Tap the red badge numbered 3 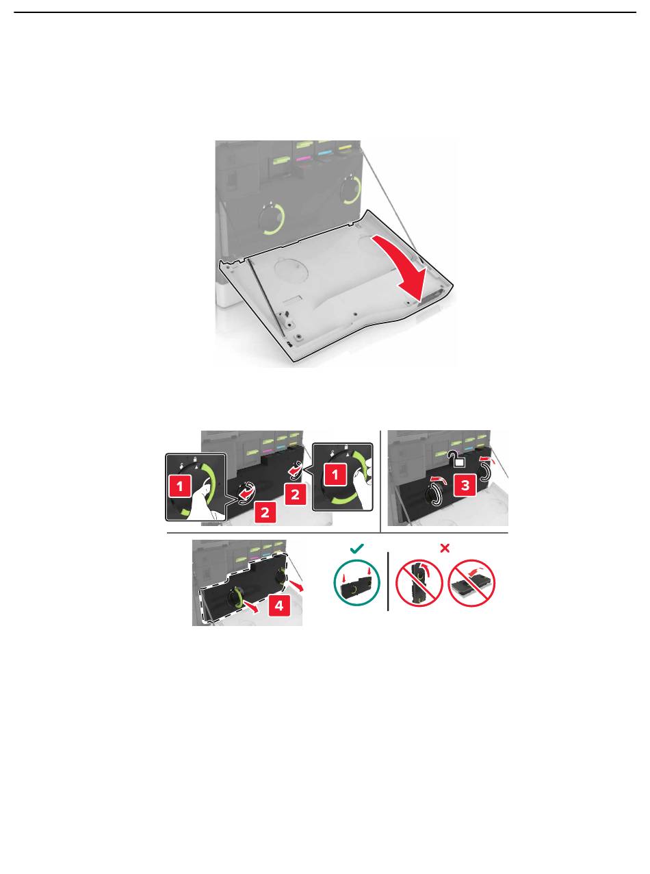(465, 485)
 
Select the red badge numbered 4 (278, 605)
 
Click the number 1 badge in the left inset (179, 486)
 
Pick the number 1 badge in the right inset (335, 474)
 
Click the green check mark (357, 548)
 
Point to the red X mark (445, 548)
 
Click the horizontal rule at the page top (325, 12)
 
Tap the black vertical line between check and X (388, 582)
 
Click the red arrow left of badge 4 (251, 606)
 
